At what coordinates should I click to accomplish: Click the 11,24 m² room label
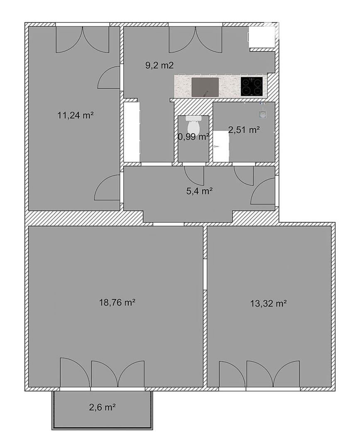pos(76,115)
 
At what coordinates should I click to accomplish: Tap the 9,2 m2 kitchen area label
pos(159,66)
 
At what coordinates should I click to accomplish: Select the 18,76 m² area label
pos(117,302)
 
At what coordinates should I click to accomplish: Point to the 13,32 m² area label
pos(269,303)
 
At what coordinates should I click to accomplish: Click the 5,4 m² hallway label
pos(199,191)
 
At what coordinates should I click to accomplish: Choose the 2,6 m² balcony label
pos(103,407)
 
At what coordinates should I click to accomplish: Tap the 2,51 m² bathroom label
pos(244,130)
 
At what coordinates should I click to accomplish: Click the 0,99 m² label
pos(193,137)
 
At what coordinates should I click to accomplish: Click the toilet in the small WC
pos(193,123)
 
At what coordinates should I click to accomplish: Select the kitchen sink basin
pos(205,87)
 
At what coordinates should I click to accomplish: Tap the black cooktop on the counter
pos(252,86)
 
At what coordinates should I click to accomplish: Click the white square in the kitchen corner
pos(262,37)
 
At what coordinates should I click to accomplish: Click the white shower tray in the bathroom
pos(221,146)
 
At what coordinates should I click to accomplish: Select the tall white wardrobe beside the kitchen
pos(132,132)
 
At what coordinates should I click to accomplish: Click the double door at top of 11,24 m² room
pos(82,39)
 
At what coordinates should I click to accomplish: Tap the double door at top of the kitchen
pos(196,39)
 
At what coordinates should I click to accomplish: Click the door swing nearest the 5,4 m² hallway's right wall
pos(263,191)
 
